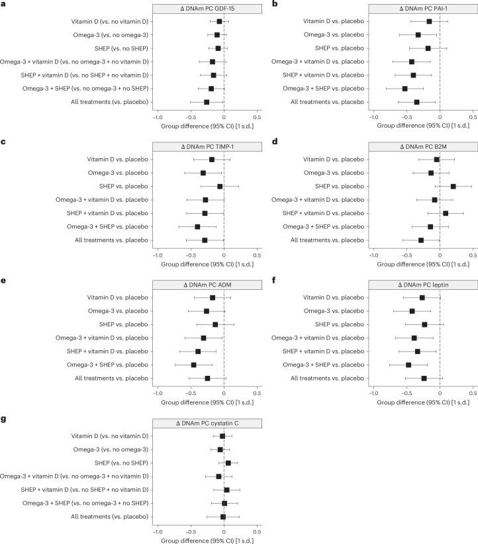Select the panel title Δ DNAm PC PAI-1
tap(422, 8)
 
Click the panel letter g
tap(4, 421)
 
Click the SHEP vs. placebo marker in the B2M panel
tap(454, 187)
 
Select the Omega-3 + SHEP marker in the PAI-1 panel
tap(405, 88)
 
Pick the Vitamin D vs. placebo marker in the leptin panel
tap(422, 298)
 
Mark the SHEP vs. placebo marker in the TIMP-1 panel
tap(220, 187)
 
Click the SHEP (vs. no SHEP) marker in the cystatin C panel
tap(228, 463)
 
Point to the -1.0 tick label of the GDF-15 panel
tap(158, 117)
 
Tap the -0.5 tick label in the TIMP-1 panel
tap(191, 255)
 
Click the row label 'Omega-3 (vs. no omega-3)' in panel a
tap(110, 34)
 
